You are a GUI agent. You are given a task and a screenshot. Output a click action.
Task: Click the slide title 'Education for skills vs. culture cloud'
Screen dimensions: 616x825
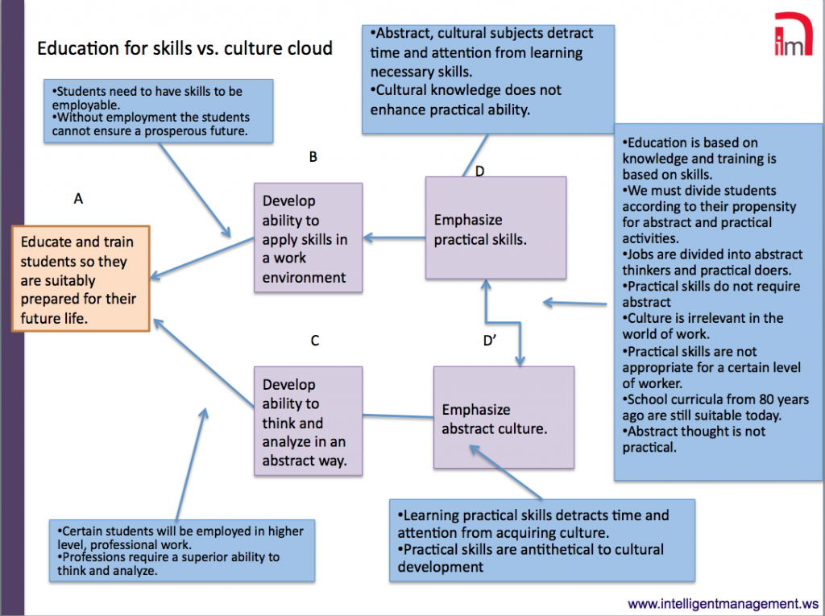tap(184, 48)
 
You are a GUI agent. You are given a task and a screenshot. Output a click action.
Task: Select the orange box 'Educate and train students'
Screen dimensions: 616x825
tap(80, 279)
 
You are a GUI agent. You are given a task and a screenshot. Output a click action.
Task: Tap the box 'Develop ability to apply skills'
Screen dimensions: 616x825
tap(308, 238)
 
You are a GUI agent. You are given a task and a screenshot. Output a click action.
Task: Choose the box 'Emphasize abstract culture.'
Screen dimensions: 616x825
tap(504, 418)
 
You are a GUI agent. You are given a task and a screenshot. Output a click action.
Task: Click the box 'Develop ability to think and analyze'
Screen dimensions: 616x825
tap(308, 422)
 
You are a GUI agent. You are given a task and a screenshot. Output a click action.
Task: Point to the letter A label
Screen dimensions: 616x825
tap(78, 198)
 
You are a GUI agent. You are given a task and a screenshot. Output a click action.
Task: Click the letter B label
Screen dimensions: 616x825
tap(313, 158)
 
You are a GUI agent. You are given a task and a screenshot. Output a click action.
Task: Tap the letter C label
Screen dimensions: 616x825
tap(315, 341)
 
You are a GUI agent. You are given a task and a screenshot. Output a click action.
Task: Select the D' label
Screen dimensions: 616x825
tap(490, 341)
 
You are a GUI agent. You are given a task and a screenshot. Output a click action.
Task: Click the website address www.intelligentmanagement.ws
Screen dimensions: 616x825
tap(723, 602)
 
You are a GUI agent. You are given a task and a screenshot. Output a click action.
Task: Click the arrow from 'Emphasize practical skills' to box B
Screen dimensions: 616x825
tap(394, 238)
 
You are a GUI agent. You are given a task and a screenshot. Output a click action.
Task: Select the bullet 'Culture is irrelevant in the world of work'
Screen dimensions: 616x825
tap(703, 326)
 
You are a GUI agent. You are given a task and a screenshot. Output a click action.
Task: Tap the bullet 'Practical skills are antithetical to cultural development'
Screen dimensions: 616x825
tap(532, 557)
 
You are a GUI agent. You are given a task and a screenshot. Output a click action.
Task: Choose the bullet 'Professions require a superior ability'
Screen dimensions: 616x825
tap(169, 564)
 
